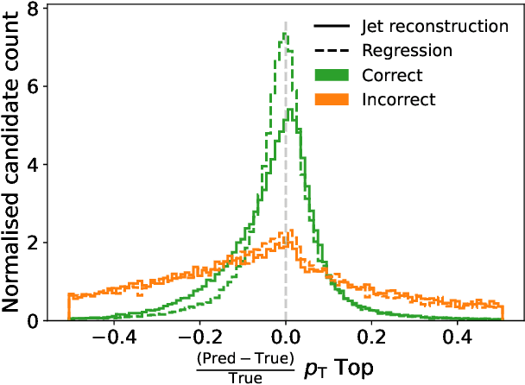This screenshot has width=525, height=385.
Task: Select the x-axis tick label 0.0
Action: coord(286,338)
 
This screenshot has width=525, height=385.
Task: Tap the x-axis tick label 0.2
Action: coord(372,338)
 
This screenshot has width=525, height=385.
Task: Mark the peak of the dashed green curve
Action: coord(283,34)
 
